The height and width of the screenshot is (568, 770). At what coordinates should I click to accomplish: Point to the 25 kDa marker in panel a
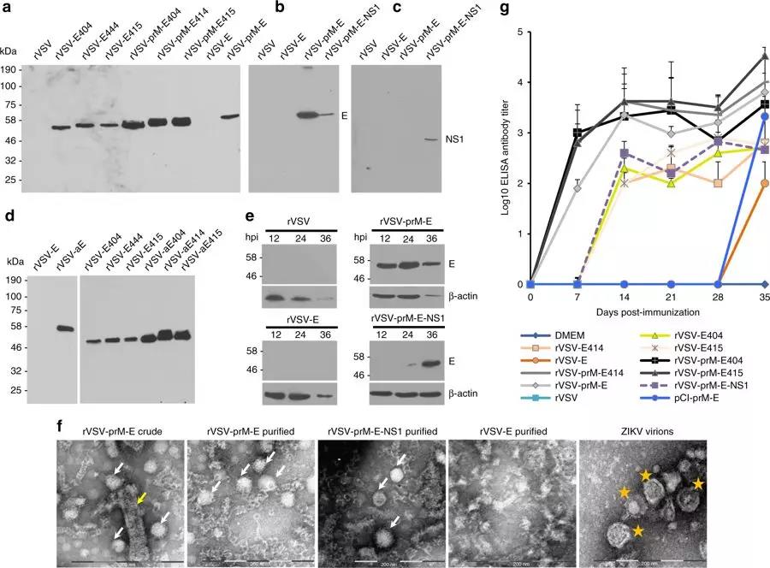tap(15, 180)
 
